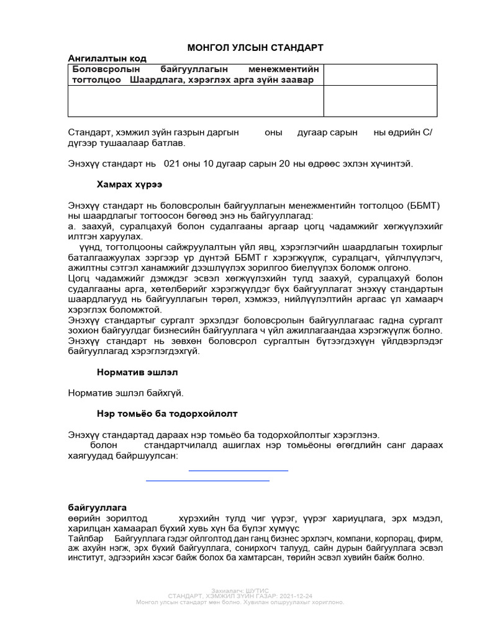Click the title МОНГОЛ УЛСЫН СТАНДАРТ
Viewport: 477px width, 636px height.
pyautogui.click(x=255, y=48)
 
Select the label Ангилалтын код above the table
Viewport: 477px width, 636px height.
pyautogui.click(x=107, y=58)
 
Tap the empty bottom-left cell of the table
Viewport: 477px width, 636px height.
pyautogui.click(x=196, y=101)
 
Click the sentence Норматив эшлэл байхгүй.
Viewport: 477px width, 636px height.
pyautogui.click(x=126, y=393)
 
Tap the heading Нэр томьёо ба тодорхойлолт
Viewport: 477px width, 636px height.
pyautogui.click(x=167, y=413)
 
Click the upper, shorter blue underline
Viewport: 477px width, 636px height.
pyautogui.click(x=238, y=471)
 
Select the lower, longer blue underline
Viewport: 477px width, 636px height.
pyautogui.click(x=207, y=480)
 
